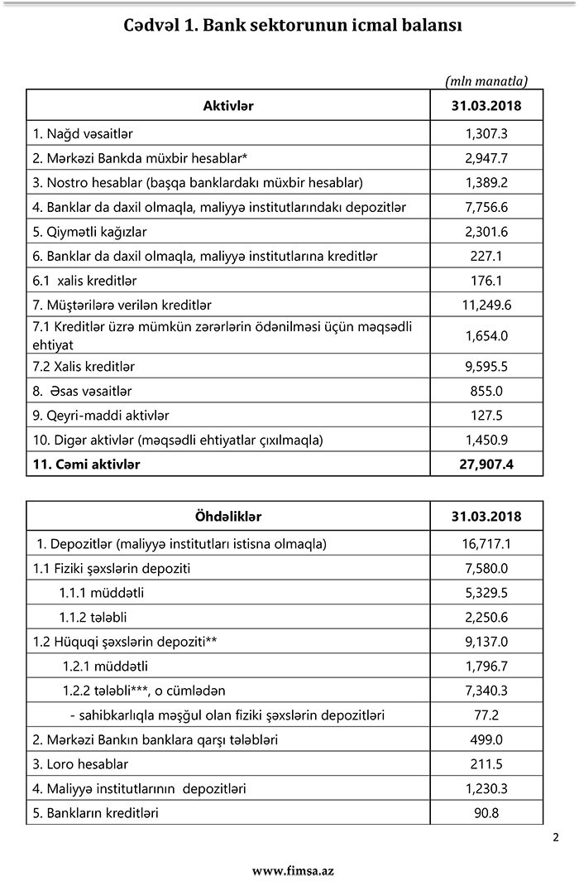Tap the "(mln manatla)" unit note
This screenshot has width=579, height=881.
coord(486,80)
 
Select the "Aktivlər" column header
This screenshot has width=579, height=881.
coord(227,105)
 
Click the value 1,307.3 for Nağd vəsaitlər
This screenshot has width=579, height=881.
coord(486,132)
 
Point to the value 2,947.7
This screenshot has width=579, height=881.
coord(486,157)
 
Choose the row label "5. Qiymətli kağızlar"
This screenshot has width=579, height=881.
coord(89,231)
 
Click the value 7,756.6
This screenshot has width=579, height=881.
coord(486,206)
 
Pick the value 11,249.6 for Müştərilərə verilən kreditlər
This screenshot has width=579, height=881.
coord(486,305)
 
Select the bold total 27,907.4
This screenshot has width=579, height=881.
coord(486,464)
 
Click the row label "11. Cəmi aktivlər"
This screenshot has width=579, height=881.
coord(87,464)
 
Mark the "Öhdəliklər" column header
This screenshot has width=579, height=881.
coord(227,517)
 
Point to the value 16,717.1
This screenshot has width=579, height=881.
coord(486,544)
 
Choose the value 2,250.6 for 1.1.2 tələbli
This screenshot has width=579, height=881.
coord(486,617)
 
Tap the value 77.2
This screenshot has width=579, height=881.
coord(486,715)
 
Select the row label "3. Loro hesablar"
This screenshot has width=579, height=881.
coord(80,763)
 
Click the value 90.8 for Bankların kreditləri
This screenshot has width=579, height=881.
coord(486,812)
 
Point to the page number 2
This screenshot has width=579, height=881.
coord(556,837)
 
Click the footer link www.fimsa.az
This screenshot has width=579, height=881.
coord(293,870)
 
